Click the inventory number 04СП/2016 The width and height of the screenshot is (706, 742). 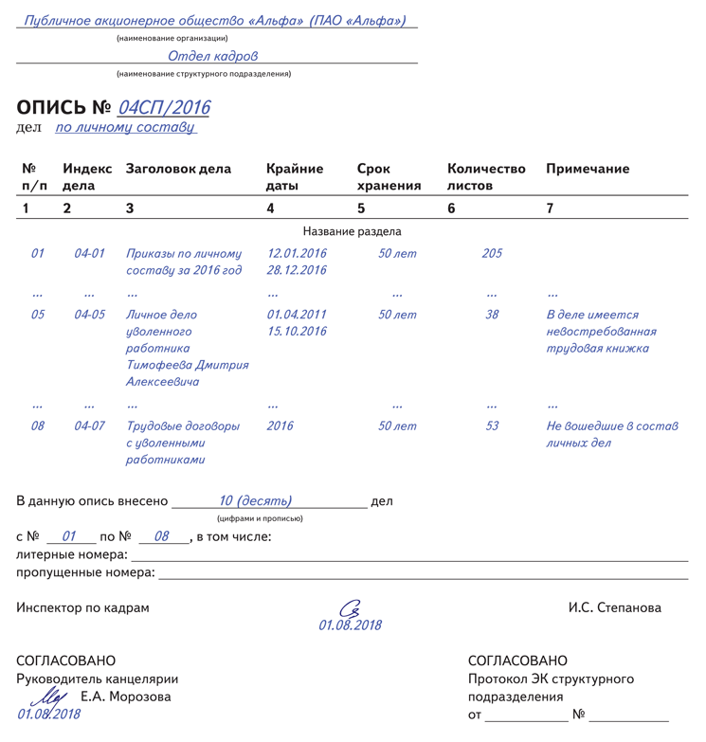163,107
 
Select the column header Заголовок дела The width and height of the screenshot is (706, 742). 178,169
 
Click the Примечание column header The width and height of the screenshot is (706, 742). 588,169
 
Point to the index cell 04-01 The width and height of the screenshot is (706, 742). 89,254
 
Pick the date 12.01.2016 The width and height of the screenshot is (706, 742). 297,254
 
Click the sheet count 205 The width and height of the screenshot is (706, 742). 492,254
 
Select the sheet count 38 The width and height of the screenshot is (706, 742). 492,315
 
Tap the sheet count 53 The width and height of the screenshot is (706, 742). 492,426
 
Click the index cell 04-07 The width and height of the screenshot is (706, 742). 89,426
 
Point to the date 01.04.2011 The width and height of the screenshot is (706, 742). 297,315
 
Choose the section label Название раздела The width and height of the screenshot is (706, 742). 353,231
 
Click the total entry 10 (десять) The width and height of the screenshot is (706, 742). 255,501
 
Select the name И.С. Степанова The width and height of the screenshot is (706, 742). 615,607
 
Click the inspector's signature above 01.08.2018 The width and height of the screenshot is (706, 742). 350,608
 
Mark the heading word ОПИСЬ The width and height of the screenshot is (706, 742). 51,107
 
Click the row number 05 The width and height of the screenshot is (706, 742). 38,315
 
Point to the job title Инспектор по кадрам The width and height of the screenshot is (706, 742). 82,607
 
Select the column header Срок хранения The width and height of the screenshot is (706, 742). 389,177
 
